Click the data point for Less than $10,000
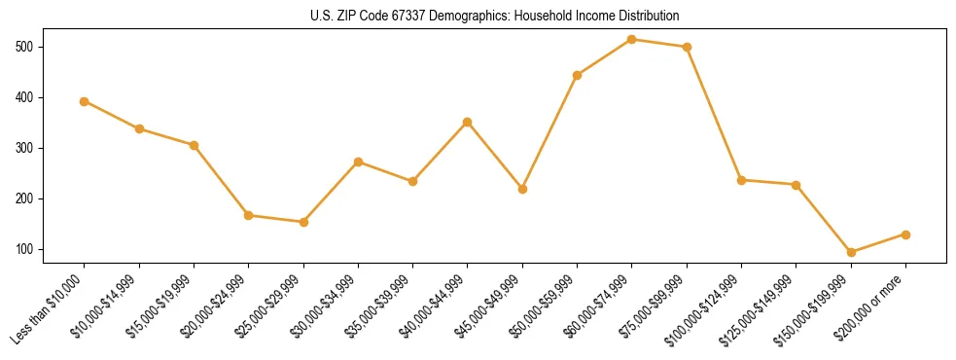pos(85,101)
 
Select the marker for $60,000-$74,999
pos(632,40)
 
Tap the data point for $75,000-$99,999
pos(687,47)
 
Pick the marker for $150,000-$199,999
pos(851,252)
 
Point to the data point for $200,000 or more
pos(905,234)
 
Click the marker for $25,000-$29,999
pos(303,222)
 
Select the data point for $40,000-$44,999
pos(468,122)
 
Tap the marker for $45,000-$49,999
pos(522,189)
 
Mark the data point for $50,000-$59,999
pos(578,75)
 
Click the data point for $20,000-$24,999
pos(249,215)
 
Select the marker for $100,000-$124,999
pos(741,180)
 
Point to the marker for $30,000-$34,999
pos(358,162)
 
